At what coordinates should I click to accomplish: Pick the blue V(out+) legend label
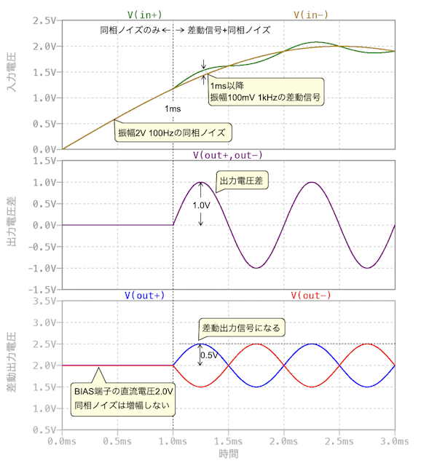[x=143, y=295]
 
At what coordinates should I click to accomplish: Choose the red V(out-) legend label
[x=311, y=295]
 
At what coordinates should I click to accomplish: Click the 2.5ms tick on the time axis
[x=339, y=441]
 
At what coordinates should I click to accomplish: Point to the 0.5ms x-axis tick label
[x=117, y=441]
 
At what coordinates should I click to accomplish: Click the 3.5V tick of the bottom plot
[x=41, y=300]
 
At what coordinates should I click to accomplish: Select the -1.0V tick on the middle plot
[x=39, y=268]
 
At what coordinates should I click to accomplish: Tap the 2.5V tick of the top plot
[x=41, y=20]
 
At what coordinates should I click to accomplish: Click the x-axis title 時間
[x=229, y=454]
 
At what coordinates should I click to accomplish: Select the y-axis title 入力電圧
[x=12, y=84]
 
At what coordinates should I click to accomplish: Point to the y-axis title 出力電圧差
[x=12, y=226]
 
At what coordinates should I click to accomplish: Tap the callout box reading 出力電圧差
[x=238, y=180]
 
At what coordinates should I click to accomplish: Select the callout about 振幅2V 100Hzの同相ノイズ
[x=174, y=133]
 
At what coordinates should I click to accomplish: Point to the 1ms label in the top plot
[x=173, y=108]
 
